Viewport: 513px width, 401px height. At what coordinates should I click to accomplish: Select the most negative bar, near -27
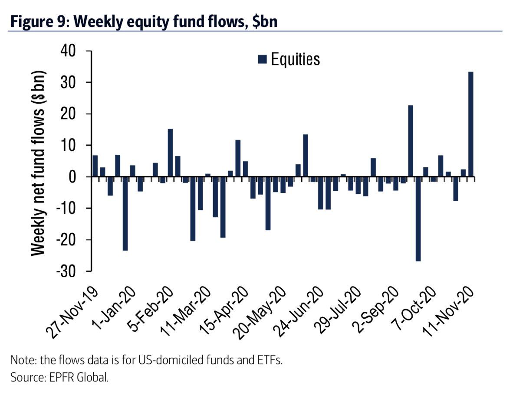coord(418,219)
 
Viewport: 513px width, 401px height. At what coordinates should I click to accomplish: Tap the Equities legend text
coord(296,59)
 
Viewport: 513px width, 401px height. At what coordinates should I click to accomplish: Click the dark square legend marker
coord(262,59)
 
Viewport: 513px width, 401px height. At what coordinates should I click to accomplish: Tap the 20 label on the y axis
coord(78,114)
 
